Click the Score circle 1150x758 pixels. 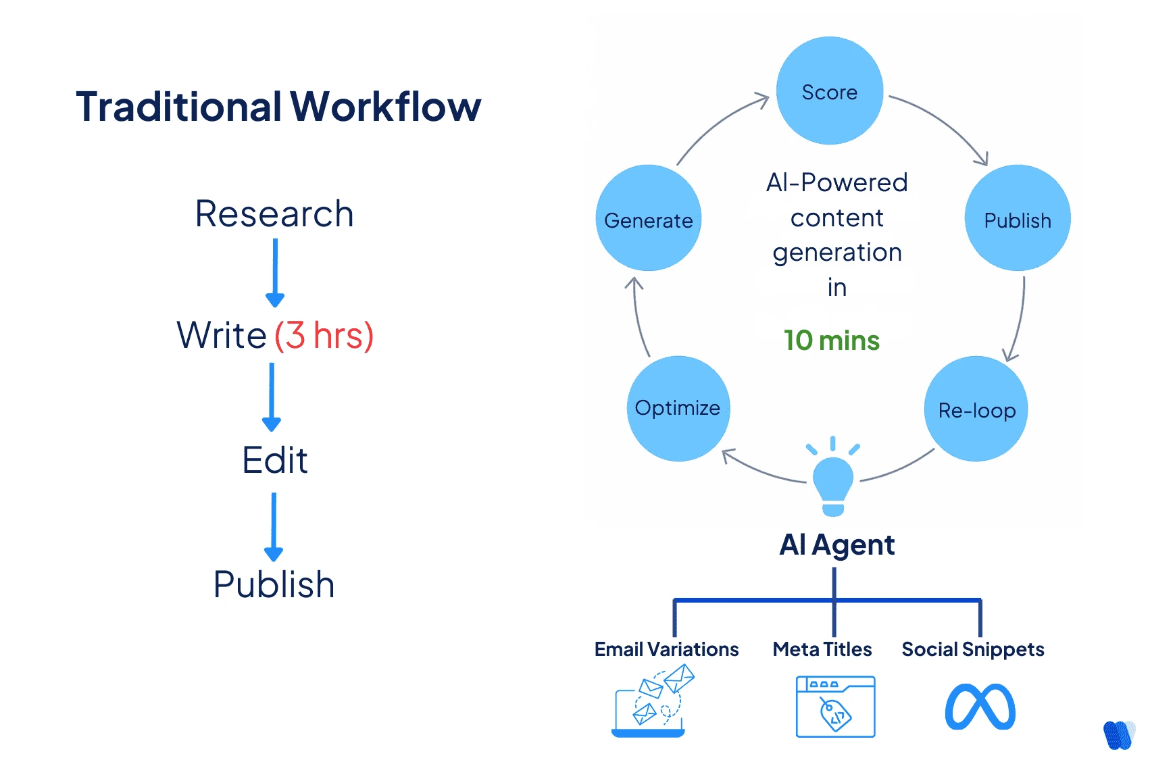click(x=829, y=91)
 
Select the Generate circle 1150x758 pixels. click(x=648, y=218)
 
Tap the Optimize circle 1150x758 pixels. click(x=678, y=408)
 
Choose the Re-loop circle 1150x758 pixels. click(x=976, y=409)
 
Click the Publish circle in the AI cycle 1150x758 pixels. click(x=1017, y=218)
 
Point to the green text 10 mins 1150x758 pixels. click(x=831, y=340)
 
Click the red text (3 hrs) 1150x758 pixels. click(x=324, y=335)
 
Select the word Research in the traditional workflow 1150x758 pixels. click(x=274, y=213)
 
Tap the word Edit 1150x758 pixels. click(x=274, y=461)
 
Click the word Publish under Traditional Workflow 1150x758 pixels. click(x=274, y=584)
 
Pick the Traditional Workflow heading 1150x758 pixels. click(x=278, y=107)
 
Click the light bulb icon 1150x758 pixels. click(x=832, y=480)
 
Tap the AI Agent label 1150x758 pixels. click(x=836, y=545)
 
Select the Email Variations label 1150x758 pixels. click(x=666, y=649)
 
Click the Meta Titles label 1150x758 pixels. click(x=822, y=649)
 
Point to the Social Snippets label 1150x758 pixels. click(x=972, y=649)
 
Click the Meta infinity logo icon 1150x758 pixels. click(x=979, y=707)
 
